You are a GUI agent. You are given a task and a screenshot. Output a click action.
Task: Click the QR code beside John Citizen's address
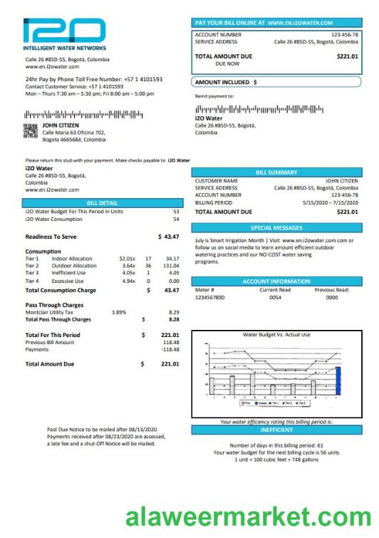pos(31,130)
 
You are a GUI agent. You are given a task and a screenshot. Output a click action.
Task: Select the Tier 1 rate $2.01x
pos(128,258)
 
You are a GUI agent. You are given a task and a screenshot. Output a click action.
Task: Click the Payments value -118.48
pos(170,349)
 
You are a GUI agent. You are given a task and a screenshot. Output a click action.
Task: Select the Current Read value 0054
pos(275,297)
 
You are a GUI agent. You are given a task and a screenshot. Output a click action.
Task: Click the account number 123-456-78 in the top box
pos(344,34)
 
